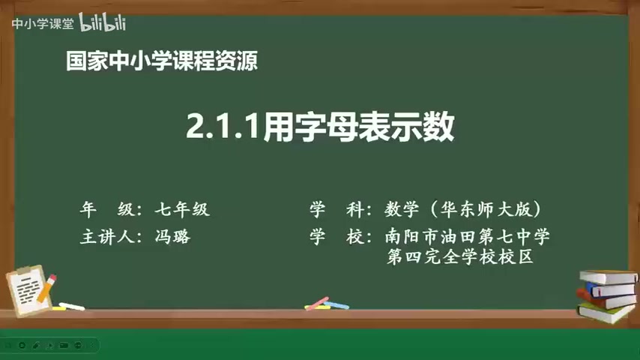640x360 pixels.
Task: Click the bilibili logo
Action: (x=103, y=23)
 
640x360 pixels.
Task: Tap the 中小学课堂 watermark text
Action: (x=42, y=23)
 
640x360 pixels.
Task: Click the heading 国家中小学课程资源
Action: (x=162, y=62)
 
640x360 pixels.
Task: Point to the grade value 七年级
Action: (x=182, y=210)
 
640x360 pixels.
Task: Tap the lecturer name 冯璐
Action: (x=173, y=237)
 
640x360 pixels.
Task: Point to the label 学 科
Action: (x=336, y=210)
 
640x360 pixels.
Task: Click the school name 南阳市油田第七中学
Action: (x=468, y=237)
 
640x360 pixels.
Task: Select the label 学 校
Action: (x=336, y=237)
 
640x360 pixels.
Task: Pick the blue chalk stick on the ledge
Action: (x=338, y=305)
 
